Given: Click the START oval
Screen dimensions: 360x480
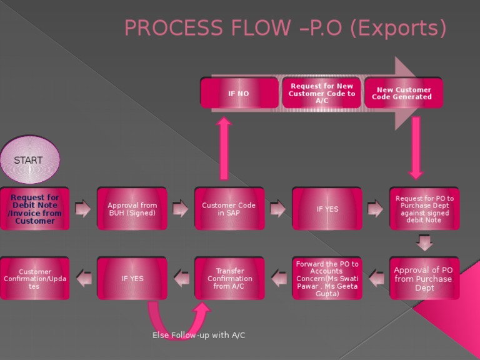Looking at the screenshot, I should pos(29,161).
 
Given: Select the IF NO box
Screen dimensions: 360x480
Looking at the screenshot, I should pos(239,93).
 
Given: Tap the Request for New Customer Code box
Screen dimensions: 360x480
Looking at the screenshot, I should pos(321,93).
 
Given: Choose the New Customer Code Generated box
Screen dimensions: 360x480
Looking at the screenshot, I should pos(403,93).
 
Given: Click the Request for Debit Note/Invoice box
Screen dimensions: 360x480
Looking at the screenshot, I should pos(34,209).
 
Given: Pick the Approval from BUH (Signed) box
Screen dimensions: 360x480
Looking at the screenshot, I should pos(132,209).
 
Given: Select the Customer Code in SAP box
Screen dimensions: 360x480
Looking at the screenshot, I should pos(229,209).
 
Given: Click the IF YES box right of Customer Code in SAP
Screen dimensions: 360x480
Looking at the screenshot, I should pos(327,209).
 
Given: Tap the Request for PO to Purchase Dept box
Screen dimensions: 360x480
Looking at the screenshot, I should pos(424,209).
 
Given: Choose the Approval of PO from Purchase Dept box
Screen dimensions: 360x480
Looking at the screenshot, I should pos(424,279).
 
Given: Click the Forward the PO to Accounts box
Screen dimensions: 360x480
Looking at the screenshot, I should pos(327,279).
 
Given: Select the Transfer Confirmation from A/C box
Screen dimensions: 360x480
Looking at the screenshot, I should pos(229,279).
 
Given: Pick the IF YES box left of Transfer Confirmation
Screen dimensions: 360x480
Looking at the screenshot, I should pos(132,279).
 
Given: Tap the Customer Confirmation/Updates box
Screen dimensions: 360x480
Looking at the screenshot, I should pos(34,279).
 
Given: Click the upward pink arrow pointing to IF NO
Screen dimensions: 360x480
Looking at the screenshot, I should pos(224,150).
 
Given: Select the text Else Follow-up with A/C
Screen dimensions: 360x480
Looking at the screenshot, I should pos(199,336).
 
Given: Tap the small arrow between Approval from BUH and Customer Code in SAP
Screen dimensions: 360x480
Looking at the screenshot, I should pos(181,208).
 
